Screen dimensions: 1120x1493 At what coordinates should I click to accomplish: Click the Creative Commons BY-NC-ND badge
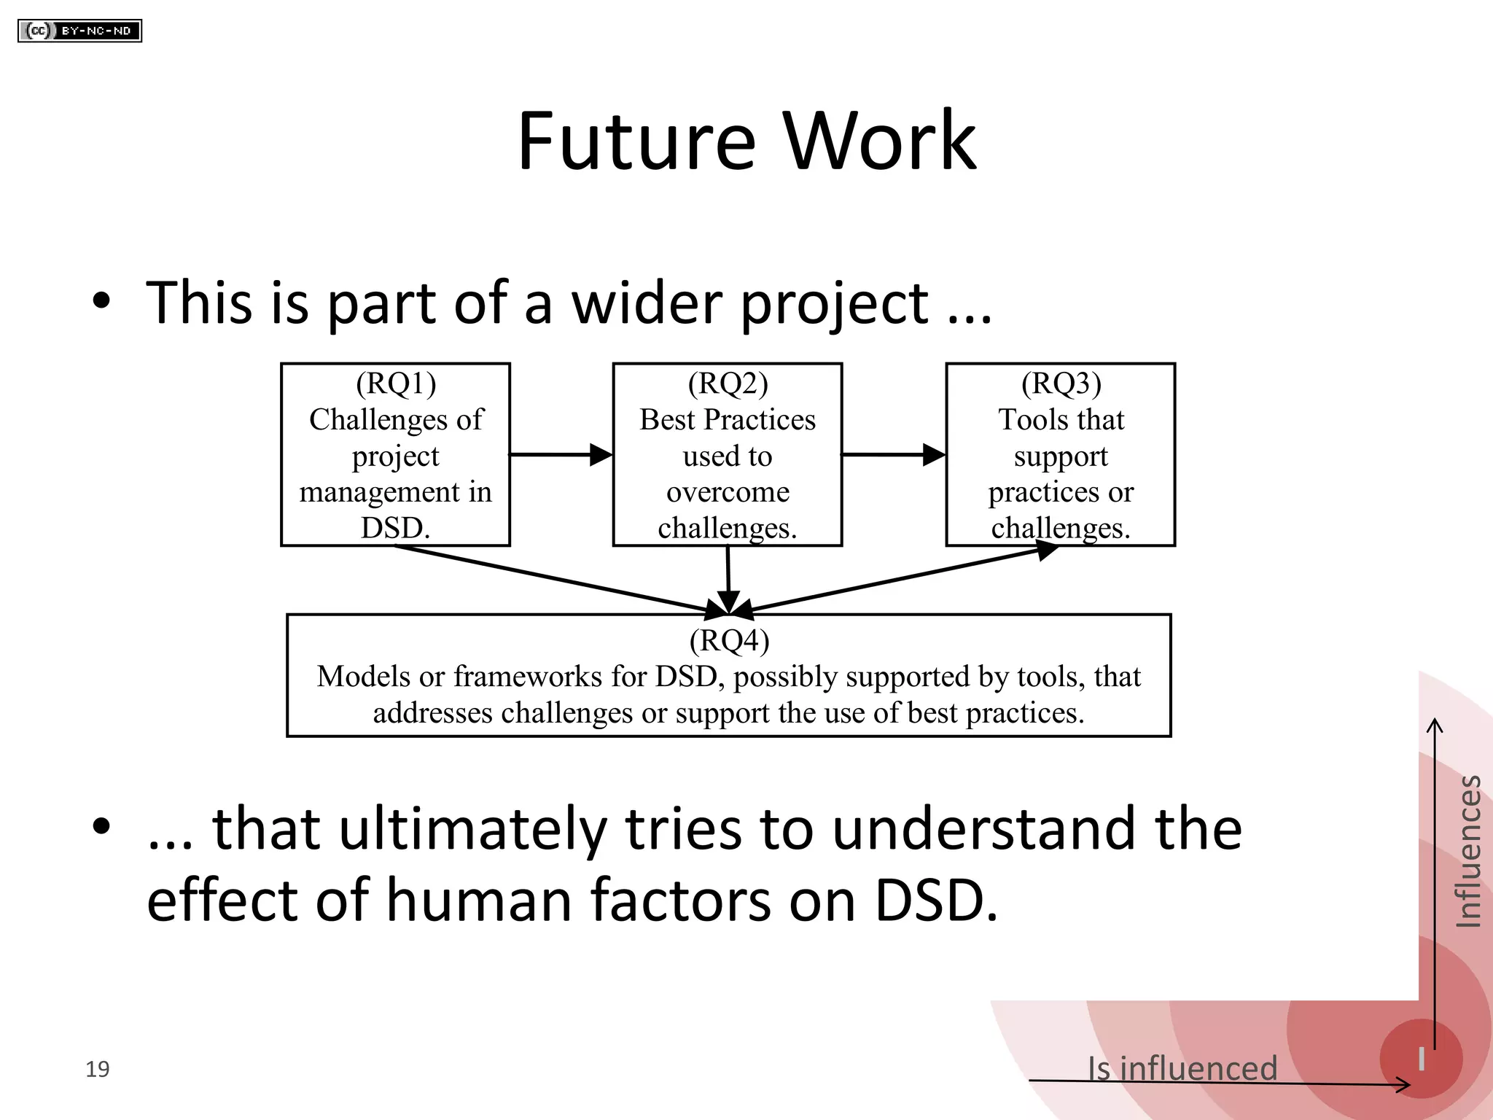coord(79,31)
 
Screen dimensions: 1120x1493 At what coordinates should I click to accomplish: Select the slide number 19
coord(97,1069)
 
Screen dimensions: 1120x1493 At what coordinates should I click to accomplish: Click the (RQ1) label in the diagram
coord(396,384)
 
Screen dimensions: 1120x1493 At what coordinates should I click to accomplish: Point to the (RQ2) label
coord(728,384)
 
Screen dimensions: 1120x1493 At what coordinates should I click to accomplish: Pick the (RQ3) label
coord(1061,384)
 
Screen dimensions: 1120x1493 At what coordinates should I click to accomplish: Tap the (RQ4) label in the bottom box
coord(729,640)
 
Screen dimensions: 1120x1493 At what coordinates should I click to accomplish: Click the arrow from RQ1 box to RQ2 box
coord(560,454)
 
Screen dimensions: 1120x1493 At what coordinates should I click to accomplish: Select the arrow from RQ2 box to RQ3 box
coord(893,454)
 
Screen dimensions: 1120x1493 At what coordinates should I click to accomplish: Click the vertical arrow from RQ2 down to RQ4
coord(728,580)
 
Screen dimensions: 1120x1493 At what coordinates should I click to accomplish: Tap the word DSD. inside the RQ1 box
coord(395,528)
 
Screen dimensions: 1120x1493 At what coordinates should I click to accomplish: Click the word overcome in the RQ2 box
coord(728,492)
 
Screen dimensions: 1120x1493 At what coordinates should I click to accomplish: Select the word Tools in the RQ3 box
coord(1028,420)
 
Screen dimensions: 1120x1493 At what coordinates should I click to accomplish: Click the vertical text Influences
coord(1467,851)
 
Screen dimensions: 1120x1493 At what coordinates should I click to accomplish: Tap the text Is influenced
coord(1182,1068)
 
